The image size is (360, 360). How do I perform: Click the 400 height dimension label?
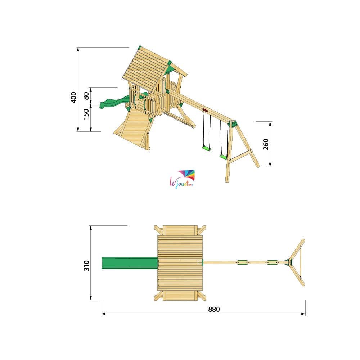pyautogui.click(x=73, y=97)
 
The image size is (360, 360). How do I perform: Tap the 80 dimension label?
pyautogui.click(x=86, y=95)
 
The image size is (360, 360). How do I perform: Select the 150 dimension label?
pyautogui.click(x=86, y=114)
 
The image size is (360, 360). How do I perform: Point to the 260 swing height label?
pyautogui.click(x=266, y=144)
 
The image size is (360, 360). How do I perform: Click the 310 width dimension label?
pyautogui.click(x=86, y=265)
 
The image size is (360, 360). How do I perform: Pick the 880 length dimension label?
pyautogui.click(x=214, y=309)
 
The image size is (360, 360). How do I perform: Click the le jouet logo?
pyautogui.click(x=182, y=179)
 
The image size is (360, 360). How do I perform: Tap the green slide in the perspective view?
pyautogui.click(x=112, y=102)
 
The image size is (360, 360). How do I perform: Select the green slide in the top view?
pyautogui.click(x=130, y=263)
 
